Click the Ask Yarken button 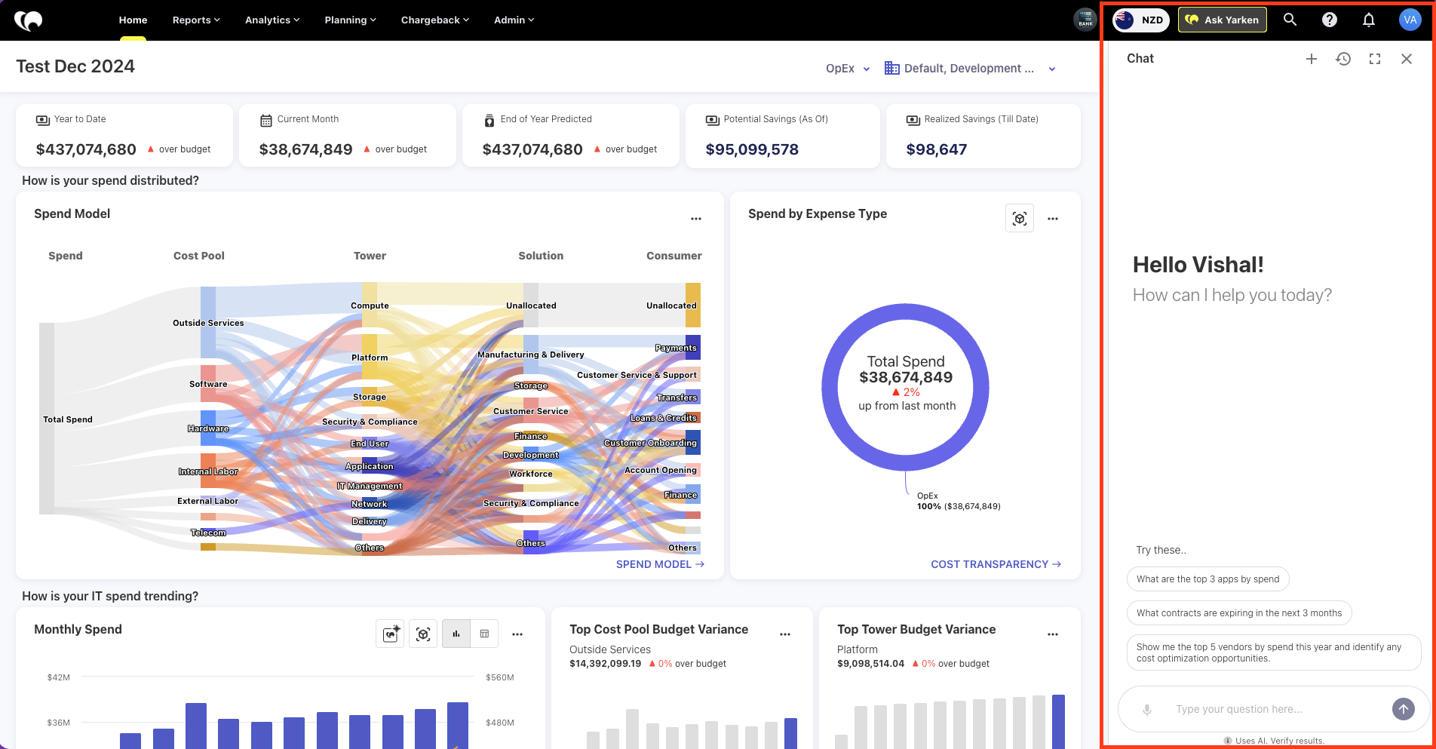tap(1222, 20)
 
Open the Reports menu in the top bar tap(196, 20)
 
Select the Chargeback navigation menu tap(434, 20)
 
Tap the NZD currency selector tap(1140, 20)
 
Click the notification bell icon tap(1368, 20)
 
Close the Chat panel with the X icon tap(1406, 59)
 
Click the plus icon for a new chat tap(1312, 59)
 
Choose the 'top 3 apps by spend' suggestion tap(1207, 579)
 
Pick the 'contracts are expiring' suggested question tap(1239, 612)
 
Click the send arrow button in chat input tap(1403, 708)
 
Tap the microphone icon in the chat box tap(1146, 709)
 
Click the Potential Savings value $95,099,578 tap(752, 149)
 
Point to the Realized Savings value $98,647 tap(936, 149)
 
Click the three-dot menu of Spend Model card tap(696, 219)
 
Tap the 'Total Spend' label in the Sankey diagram tap(68, 419)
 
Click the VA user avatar tap(1410, 20)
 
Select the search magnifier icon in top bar tap(1290, 20)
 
